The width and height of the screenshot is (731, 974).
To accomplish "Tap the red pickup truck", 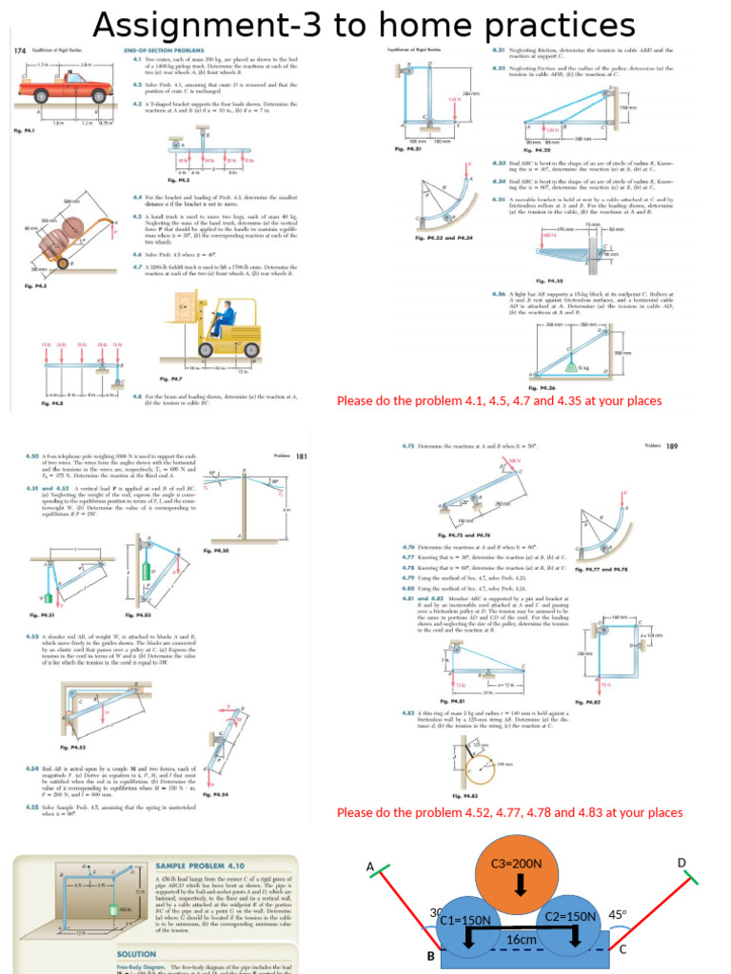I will (x=56, y=90).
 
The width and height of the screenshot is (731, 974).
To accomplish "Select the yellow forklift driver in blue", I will (x=220, y=318).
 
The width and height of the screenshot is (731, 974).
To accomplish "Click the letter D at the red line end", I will (x=681, y=863).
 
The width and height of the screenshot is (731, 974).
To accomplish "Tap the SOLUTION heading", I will (x=136, y=953).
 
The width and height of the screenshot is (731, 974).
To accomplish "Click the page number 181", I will (x=302, y=457).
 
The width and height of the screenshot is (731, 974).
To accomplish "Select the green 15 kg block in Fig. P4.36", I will (x=571, y=365).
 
